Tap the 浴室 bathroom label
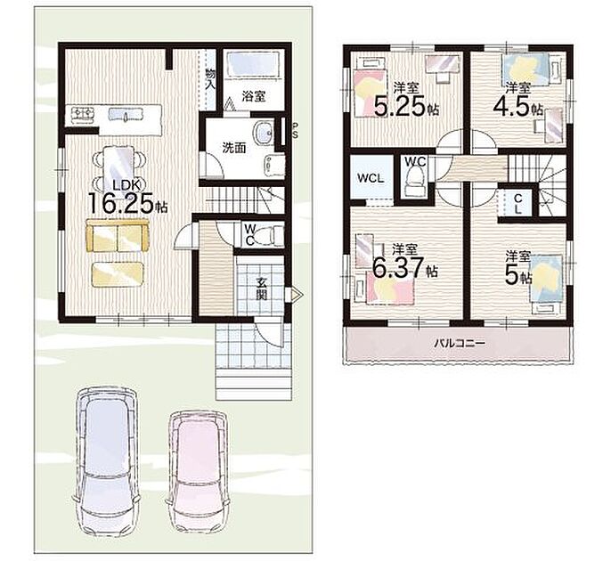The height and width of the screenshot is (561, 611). coord(254,96)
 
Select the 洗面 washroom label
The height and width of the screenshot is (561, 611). coord(234,148)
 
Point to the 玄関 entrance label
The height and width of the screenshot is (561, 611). coord(262,289)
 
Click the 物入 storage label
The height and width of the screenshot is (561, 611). coord(210,78)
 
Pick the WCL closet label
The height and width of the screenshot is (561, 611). coord(371,178)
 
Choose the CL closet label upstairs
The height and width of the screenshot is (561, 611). coord(517,204)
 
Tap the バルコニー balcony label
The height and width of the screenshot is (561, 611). coord(460,343)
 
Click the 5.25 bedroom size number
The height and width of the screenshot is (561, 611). coord(399,106)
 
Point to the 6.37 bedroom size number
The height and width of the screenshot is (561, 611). coord(398,267)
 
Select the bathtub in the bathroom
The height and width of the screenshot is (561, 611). coord(253,63)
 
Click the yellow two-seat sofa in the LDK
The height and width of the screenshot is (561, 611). coord(118,236)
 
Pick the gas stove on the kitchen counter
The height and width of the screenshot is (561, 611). coord(82,114)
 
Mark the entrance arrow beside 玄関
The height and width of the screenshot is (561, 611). coord(294,295)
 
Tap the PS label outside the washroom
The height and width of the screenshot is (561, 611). coord(295,131)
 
